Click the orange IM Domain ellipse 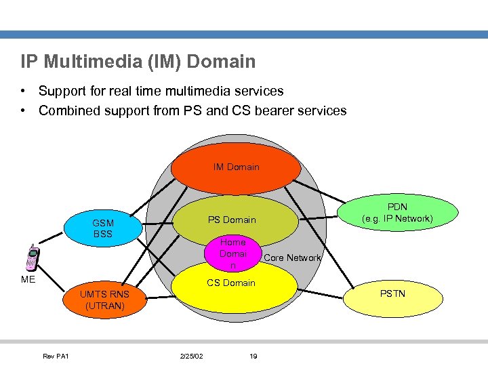click(x=236, y=167)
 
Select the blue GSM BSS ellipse click(x=103, y=228)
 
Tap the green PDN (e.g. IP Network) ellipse click(x=396, y=213)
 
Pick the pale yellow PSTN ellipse click(x=392, y=293)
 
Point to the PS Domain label click(x=232, y=220)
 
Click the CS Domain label click(x=231, y=283)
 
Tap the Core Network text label click(x=291, y=258)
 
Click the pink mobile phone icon click(x=31, y=258)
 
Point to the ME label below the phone click(x=28, y=279)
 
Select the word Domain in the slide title click(x=221, y=62)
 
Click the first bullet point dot click(x=24, y=91)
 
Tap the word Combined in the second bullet click(x=70, y=110)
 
